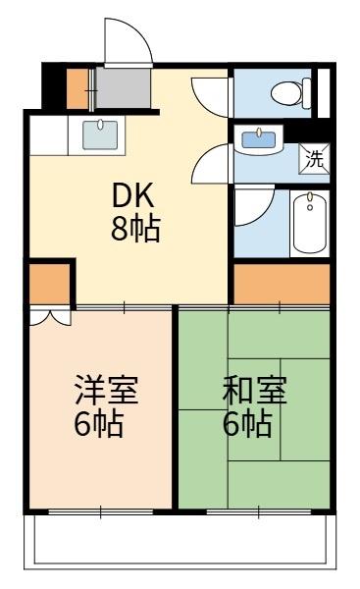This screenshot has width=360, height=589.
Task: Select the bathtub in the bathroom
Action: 310,224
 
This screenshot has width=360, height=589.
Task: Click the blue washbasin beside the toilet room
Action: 259,139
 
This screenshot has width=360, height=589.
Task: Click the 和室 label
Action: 254,391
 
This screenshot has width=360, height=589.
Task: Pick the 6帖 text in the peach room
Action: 99,425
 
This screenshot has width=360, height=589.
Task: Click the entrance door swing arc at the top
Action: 126,39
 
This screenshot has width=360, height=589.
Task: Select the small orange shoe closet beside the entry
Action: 77,89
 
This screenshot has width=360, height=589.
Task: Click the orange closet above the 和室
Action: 281,285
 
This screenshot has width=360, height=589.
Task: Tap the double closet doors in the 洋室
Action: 49,317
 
